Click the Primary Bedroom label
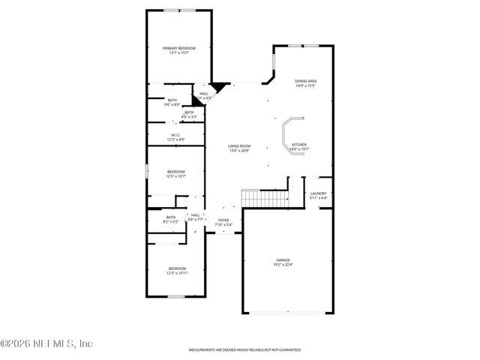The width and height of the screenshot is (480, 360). point(178,48)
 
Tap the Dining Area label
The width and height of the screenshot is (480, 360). point(305,80)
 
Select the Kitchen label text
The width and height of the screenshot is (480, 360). point(299,144)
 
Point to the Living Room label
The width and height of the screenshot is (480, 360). point(239,146)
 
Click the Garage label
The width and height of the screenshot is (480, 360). point(282,259)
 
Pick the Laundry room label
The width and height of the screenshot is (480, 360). point(318,194)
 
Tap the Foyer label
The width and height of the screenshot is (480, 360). point(223,220)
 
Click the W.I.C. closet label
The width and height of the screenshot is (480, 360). point(175,136)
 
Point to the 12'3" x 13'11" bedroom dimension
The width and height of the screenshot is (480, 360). point(177,273)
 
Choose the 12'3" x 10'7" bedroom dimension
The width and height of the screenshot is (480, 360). point(175,176)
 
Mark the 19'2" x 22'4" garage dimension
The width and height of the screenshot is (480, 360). point(282,264)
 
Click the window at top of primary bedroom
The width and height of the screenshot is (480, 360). point(178,10)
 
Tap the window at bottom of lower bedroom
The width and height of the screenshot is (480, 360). point(175,296)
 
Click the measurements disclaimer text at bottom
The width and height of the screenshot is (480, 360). point(244,350)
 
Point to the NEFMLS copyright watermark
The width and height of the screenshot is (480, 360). point(46,343)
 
